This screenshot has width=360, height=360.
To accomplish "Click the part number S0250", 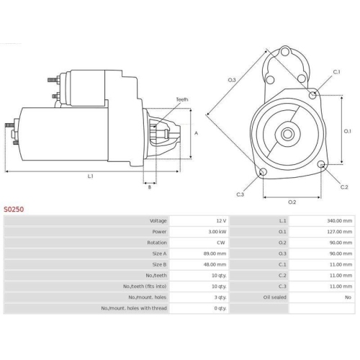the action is click(x=14, y=210).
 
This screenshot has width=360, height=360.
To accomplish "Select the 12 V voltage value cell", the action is click(x=221, y=220).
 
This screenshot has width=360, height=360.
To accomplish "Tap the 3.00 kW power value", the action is click(x=217, y=232).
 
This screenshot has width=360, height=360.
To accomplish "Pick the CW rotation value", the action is click(x=221, y=243).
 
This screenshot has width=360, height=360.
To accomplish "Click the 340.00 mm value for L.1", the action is click(x=340, y=220).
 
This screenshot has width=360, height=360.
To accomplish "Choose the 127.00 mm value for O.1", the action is click(x=340, y=232).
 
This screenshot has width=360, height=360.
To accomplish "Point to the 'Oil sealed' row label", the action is click(x=274, y=297).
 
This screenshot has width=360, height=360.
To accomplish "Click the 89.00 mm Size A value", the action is click(x=215, y=253).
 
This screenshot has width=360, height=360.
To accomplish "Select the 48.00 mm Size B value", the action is click(x=215, y=264).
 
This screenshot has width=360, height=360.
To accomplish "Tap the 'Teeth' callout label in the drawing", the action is click(x=182, y=99).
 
